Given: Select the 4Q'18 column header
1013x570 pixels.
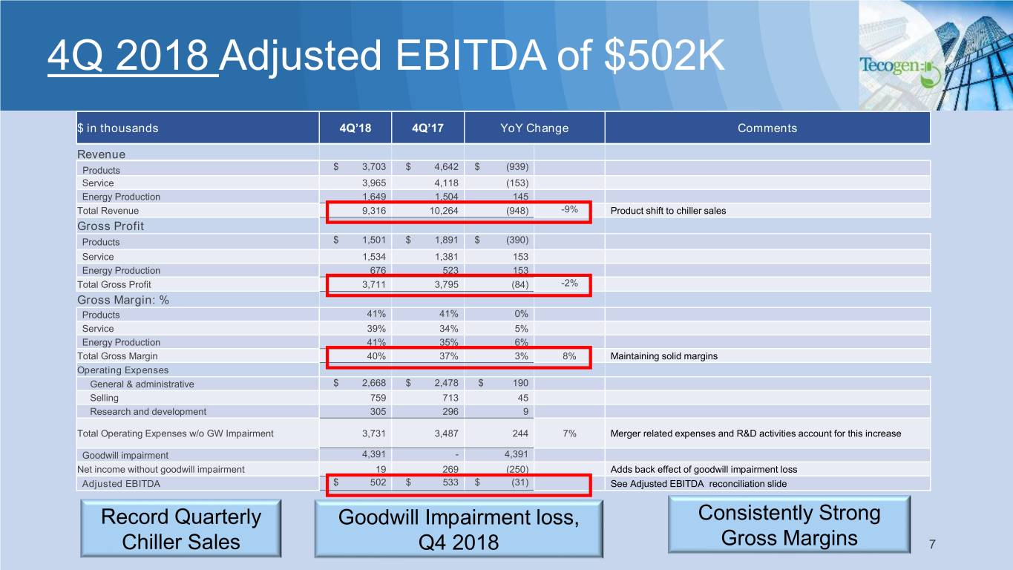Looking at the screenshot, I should pos(355,128).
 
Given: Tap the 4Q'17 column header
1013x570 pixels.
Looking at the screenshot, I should pos(427,128).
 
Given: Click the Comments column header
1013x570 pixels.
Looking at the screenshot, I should pos(767,128).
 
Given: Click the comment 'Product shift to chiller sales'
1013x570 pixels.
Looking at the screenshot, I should pos(668,211).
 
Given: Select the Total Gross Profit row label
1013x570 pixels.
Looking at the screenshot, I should pos(114,284).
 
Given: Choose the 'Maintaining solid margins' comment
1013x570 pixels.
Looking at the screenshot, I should pos(663,356).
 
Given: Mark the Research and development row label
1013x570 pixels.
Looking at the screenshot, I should pos(148,411).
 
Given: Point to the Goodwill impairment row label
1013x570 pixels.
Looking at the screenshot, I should pos(125,455).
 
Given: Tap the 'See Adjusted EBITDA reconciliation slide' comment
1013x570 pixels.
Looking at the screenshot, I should pos(698,484).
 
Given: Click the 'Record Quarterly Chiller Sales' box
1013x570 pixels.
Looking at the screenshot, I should pos(180,528).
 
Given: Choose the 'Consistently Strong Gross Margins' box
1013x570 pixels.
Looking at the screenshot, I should pos(789,525).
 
